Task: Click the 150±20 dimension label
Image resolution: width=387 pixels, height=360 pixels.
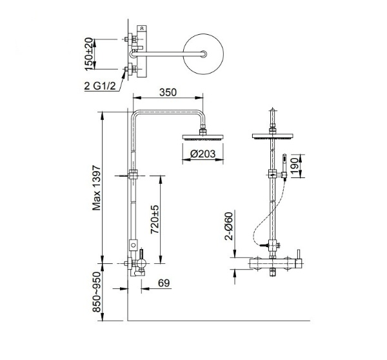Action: point(90,54)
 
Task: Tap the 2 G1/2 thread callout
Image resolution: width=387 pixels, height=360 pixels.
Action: point(100,86)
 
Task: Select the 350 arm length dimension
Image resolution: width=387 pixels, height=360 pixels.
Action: point(168,92)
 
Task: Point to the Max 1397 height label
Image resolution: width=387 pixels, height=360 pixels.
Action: point(97,188)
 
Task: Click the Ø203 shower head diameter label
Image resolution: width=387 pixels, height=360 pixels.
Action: point(203,154)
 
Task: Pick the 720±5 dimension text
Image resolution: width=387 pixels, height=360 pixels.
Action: point(155,219)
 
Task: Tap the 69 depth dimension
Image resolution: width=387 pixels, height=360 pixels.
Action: point(164,283)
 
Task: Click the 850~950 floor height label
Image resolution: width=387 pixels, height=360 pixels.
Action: point(97,292)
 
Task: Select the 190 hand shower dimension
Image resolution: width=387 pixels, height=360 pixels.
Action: point(295,166)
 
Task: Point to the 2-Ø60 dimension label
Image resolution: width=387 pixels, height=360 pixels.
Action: point(229,226)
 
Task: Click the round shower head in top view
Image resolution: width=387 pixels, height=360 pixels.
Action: point(203,54)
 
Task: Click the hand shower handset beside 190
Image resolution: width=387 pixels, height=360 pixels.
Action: point(284,166)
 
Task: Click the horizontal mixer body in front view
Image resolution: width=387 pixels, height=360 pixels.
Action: point(276,263)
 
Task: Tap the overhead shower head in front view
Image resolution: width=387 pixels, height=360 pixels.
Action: point(272,136)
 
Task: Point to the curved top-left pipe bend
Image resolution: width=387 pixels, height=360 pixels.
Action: point(135,114)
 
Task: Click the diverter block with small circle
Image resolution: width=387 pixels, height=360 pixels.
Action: point(134,245)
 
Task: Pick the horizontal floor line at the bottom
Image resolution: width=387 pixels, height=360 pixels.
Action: point(219,321)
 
